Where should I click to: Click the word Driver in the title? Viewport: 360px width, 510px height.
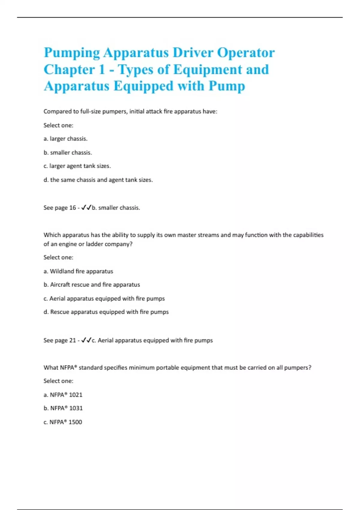tap(193, 53)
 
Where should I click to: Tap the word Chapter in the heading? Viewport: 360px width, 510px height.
tap(69, 70)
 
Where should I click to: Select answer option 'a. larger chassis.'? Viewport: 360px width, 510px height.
tap(65, 139)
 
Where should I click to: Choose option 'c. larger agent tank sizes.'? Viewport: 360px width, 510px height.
tap(77, 166)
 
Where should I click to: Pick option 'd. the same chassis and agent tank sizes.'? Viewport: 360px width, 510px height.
tap(98, 180)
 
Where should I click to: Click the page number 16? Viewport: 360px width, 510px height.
tap(73, 208)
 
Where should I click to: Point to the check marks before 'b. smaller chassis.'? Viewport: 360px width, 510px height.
tap(86, 207)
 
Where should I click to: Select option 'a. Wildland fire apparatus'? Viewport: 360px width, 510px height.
tap(78, 271)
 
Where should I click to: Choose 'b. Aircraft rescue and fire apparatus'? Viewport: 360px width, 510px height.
tap(92, 284)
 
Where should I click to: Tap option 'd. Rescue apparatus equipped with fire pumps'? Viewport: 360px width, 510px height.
tap(106, 312)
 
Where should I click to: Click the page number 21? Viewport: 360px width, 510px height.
tap(73, 340)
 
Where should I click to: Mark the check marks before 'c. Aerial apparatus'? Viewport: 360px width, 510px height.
tap(86, 340)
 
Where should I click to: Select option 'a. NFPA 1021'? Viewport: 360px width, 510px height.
tap(63, 395)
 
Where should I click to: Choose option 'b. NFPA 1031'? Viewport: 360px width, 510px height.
tap(63, 408)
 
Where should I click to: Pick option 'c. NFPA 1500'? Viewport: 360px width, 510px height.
tap(63, 422)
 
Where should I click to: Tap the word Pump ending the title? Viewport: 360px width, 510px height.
tap(227, 86)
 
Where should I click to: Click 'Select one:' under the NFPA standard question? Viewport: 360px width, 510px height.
tap(58, 381)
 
